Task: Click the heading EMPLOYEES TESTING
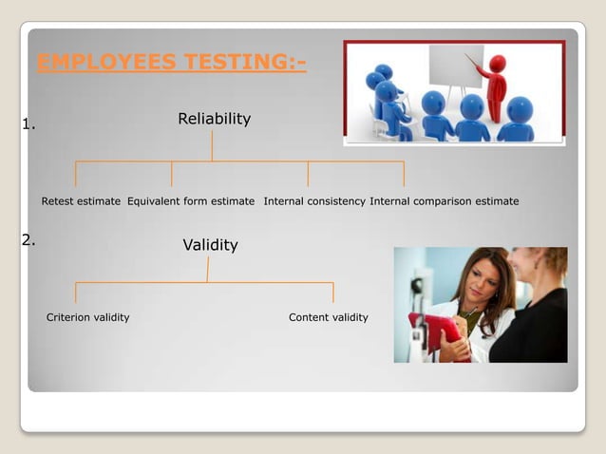click(x=171, y=64)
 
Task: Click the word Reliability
click(x=214, y=119)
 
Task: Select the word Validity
click(x=210, y=245)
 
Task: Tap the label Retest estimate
click(x=81, y=201)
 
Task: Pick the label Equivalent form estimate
click(x=191, y=201)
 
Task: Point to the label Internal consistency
click(x=314, y=201)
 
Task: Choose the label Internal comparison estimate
click(x=445, y=201)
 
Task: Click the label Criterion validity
click(x=88, y=317)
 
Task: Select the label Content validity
click(x=328, y=317)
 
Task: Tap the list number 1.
click(x=28, y=123)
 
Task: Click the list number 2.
click(x=28, y=239)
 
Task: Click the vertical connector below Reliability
click(x=213, y=145)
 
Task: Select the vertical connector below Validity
click(x=208, y=270)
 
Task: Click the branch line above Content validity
click(x=332, y=293)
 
